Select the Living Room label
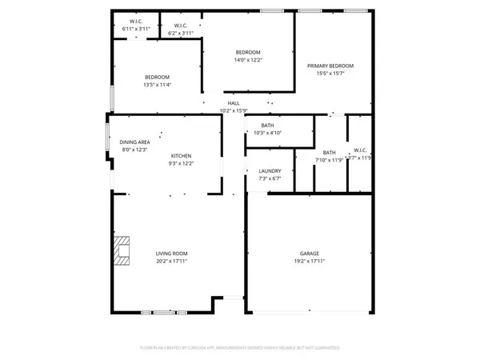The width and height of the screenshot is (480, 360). [x=172, y=254]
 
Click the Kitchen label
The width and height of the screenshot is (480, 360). [x=181, y=155]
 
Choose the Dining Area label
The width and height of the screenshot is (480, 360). [x=135, y=142]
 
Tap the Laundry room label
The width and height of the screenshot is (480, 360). [x=269, y=171]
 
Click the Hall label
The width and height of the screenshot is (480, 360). [x=234, y=103]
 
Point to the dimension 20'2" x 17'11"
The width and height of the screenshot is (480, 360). [x=172, y=261]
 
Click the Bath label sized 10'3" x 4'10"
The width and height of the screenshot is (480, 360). [x=267, y=126]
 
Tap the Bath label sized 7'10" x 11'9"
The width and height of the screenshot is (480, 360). [x=330, y=152]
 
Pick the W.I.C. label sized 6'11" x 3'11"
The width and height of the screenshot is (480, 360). [x=136, y=22]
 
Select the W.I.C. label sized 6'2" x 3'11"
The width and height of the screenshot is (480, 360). [x=181, y=26]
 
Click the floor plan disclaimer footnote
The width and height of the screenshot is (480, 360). [x=240, y=348]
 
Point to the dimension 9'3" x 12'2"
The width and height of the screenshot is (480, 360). [x=181, y=163]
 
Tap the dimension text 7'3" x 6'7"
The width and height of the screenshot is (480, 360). [x=269, y=178]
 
